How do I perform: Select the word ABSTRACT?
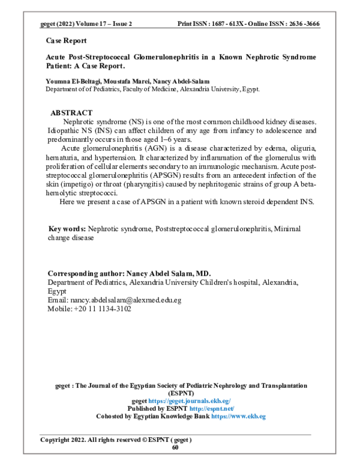pos(71,113)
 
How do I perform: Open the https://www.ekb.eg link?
pos(238,416)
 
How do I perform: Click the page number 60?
pos(175,447)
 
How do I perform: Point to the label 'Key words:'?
pos(67,229)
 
